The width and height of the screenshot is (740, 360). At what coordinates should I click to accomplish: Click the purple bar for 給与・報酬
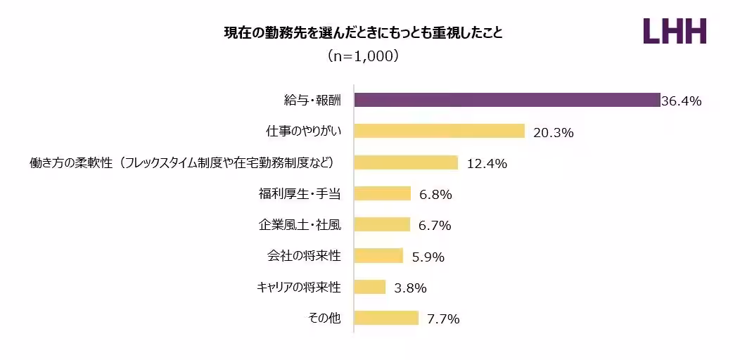tap(506, 100)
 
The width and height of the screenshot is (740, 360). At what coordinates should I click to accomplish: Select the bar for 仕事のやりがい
tap(440, 131)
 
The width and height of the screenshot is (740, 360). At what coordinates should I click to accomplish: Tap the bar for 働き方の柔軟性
tap(406, 162)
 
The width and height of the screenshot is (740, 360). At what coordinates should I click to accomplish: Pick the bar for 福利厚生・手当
tap(382, 193)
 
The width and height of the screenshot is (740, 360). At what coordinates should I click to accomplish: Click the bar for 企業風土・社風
tap(382, 224)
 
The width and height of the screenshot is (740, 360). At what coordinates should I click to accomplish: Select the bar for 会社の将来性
tap(378, 256)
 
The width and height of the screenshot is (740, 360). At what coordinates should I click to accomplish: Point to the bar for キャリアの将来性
tap(370, 287)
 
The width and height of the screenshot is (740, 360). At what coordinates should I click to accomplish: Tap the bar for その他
tap(386, 318)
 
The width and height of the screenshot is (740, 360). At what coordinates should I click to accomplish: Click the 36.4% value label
tap(682, 101)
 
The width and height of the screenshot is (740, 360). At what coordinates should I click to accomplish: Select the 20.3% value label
tap(554, 132)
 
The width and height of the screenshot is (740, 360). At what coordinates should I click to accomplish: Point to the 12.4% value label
tap(487, 164)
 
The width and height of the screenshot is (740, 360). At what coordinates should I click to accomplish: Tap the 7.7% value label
tap(444, 319)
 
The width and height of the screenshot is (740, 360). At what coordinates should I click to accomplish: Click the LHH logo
tap(675, 32)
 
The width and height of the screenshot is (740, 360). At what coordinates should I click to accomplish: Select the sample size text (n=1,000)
tap(364, 56)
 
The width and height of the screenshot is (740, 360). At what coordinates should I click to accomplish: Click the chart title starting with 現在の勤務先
tap(364, 33)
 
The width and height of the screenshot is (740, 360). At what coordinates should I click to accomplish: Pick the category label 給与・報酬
tap(307, 101)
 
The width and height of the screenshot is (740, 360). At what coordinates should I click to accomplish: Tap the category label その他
tap(324, 319)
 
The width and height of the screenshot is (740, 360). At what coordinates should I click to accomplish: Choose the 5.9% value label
tap(428, 257)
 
